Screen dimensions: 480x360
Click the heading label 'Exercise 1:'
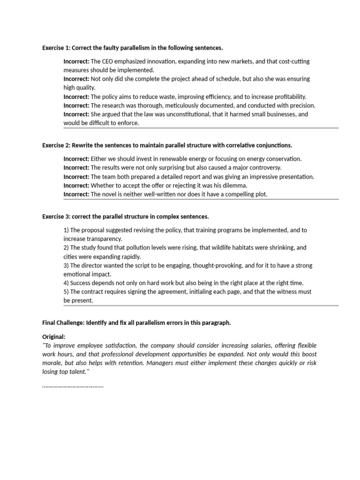(x=56, y=48)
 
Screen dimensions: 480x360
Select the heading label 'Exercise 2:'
(x=56, y=145)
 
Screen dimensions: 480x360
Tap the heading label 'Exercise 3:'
(x=56, y=217)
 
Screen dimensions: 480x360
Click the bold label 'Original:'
(x=54, y=337)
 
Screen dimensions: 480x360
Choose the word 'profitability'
(x=287, y=97)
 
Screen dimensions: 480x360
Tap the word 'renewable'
(x=181, y=159)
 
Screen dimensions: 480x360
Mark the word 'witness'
(x=281, y=292)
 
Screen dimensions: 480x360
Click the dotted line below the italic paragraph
(x=73, y=386)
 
